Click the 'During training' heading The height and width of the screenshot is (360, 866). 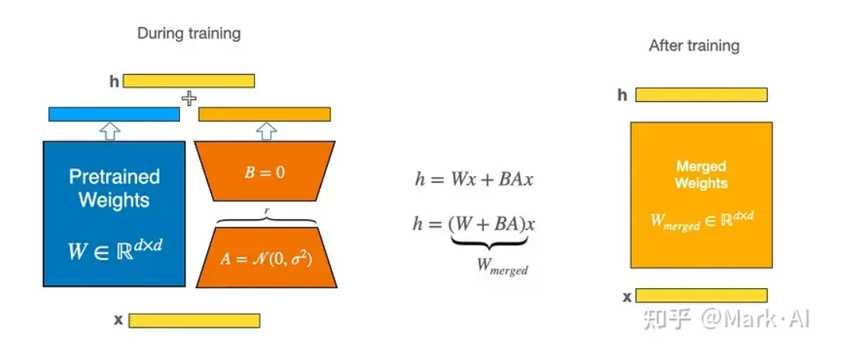(x=189, y=34)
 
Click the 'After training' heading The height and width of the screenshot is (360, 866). (x=694, y=46)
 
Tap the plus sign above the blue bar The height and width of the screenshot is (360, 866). (x=188, y=98)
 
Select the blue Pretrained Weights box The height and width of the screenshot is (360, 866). (x=114, y=214)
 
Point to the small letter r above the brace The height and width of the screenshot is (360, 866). (x=266, y=211)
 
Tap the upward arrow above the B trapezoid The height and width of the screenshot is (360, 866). (x=266, y=131)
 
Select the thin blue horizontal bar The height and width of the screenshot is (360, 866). (x=114, y=115)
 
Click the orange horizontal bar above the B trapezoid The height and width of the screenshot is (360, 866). (x=265, y=115)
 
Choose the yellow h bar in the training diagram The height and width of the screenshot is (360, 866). (x=188, y=81)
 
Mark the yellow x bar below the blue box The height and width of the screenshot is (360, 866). (x=194, y=320)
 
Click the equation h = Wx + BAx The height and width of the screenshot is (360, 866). (x=473, y=179)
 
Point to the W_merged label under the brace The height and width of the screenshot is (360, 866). (x=502, y=266)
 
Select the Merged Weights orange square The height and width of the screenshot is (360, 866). (x=702, y=195)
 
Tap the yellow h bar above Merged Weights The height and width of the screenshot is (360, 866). (x=701, y=95)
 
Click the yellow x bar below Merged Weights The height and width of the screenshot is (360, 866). (x=701, y=295)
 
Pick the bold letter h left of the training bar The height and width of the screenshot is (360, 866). (x=114, y=81)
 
